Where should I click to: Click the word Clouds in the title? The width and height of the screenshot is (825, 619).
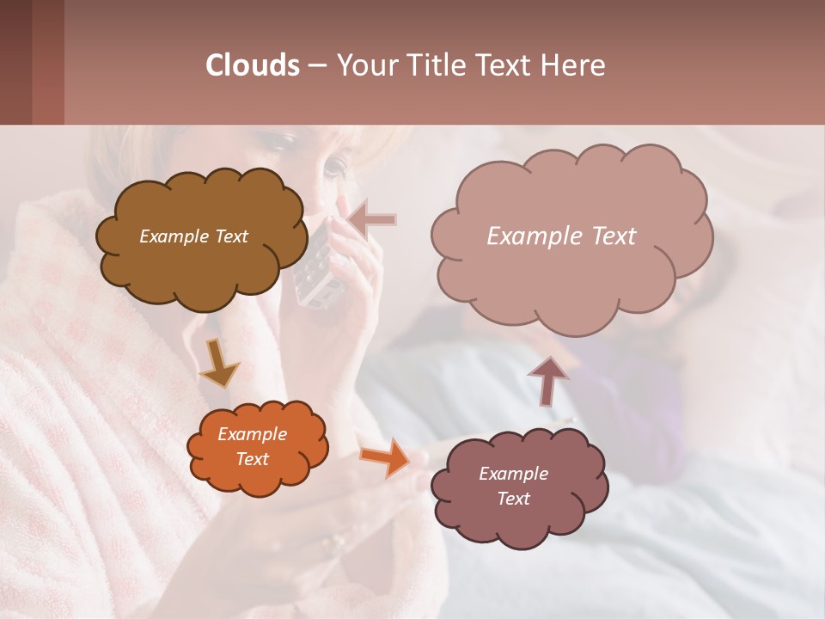pyautogui.click(x=253, y=65)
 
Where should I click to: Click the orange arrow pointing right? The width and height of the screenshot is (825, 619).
pyautogui.click(x=385, y=457)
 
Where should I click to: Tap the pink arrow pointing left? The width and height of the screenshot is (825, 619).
pyautogui.click(x=372, y=220)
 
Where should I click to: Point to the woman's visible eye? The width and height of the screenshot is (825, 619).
pyautogui.click(x=336, y=164)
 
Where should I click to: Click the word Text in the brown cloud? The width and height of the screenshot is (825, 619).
pyautogui.click(x=229, y=236)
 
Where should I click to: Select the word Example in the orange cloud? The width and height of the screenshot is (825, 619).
pyautogui.click(x=252, y=434)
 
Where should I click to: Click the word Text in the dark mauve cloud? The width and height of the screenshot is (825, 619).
pyautogui.click(x=513, y=499)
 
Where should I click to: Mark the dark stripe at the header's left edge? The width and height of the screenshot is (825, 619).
pyautogui.click(x=15, y=62)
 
